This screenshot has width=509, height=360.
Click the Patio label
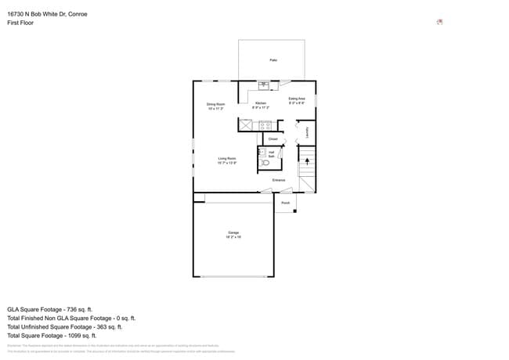click(273, 60)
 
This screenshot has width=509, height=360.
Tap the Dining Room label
click(216, 104)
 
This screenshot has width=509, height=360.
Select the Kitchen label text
click(261, 103)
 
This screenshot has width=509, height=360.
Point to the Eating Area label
click(297, 99)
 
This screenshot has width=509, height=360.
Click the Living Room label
click(227, 158)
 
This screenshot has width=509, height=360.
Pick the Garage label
click(233, 233)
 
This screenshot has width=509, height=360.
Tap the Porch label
click(285, 203)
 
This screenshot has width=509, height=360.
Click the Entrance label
click(278, 181)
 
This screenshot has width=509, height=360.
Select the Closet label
click(273, 139)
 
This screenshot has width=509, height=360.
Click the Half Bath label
click(271, 154)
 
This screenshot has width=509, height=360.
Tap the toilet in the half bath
click(265, 163)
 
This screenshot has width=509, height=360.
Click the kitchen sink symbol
click(263, 85)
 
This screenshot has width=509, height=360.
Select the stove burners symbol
click(265, 124)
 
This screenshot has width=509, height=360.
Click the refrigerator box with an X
click(245, 124)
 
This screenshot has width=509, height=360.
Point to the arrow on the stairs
click(307, 163)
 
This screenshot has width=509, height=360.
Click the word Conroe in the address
click(77, 14)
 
